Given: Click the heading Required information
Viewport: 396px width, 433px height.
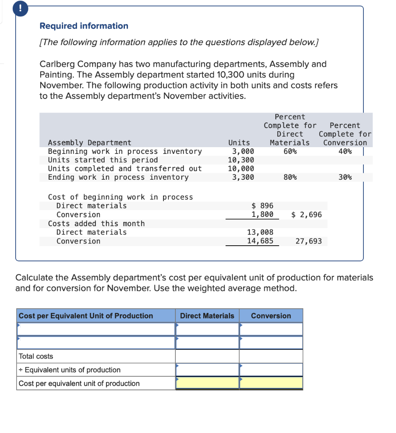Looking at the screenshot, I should (84, 26).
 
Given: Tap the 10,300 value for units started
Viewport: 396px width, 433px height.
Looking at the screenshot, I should (241, 160).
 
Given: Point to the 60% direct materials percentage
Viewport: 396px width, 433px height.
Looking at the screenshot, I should (290, 151).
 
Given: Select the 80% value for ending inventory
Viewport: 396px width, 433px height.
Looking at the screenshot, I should (290, 178).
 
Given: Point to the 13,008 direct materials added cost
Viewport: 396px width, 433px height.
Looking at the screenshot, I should (260, 232).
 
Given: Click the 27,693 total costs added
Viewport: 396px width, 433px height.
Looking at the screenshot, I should (308, 241).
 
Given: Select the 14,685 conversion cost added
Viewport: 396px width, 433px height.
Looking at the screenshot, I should (260, 241).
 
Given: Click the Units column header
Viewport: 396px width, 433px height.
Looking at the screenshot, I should (239, 143).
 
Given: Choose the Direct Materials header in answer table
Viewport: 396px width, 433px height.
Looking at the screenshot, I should (207, 316).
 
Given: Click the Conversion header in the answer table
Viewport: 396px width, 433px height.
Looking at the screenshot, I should (271, 316).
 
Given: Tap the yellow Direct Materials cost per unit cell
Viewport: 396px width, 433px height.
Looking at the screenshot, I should (208, 383).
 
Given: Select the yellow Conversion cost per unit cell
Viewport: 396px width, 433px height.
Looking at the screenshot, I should (271, 383).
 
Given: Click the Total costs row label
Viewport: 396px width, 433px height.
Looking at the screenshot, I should (36, 356).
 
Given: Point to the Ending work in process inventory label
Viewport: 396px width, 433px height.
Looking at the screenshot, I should (118, 178).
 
